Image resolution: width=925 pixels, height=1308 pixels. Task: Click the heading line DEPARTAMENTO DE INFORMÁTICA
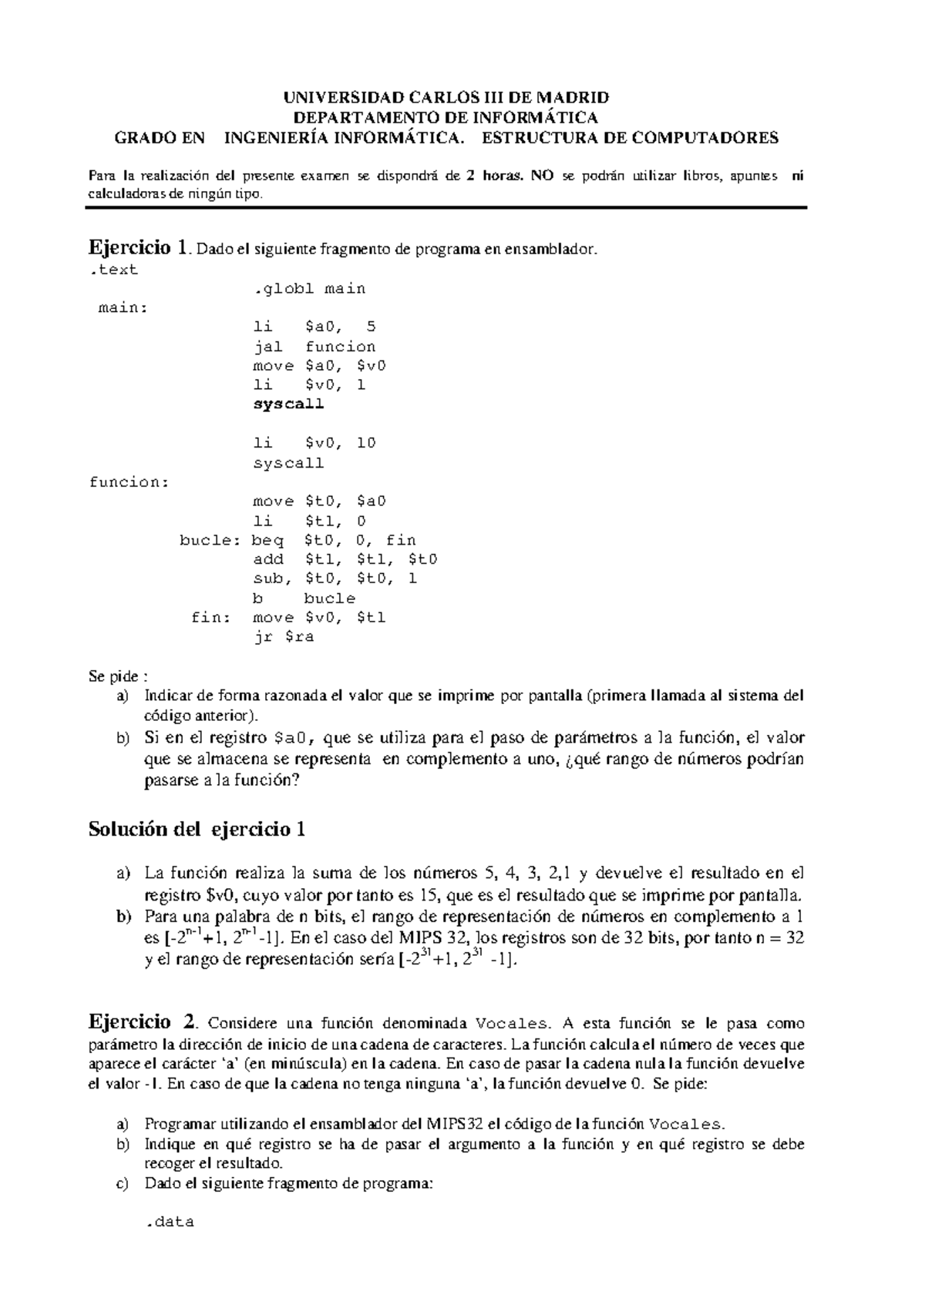pos(446,118)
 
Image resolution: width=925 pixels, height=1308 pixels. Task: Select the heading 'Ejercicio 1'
pos(137,248)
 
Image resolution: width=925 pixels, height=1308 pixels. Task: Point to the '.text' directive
pos(113,270)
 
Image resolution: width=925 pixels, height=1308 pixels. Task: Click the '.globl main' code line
pos(309,289)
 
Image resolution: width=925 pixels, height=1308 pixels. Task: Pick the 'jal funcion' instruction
pos(314,347)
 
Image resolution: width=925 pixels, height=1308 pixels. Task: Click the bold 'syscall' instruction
pos(288,404)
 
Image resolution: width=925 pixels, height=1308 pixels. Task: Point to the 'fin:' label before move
pos(211,617)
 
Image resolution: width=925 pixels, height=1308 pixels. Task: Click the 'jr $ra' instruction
pos(283,637)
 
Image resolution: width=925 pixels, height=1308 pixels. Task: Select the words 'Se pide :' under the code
pos(118,677)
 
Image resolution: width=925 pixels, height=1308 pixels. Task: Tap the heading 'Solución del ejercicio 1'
pos(197,830)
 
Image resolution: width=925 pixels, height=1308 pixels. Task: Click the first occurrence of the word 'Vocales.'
pos(513,1024)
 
